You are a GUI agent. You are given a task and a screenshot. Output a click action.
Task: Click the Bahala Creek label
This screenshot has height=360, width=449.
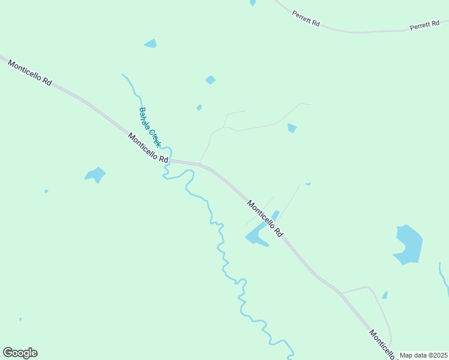point(149,127)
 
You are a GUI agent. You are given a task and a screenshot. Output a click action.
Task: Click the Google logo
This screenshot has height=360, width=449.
point(20,353)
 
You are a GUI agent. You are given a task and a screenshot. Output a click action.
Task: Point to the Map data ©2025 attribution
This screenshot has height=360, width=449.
point(424,355)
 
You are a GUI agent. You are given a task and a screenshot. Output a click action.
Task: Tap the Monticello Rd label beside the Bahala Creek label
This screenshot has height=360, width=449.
point(148,148)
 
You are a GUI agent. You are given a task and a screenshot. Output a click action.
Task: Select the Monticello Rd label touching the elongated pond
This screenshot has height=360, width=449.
point(265,218)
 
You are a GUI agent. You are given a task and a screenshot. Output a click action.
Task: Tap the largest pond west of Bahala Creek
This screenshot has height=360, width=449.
point(95,175)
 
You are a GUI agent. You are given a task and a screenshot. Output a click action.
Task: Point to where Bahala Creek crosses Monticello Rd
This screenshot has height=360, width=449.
point(169,160)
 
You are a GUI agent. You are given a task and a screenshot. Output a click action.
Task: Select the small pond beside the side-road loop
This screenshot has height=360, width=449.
point(385,295)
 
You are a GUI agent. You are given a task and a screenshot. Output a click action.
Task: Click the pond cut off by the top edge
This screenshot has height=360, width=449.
point(253,2)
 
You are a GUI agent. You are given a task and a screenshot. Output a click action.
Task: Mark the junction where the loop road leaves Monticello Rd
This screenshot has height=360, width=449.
point(341,293)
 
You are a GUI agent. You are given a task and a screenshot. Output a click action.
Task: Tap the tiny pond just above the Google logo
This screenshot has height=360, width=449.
point(20,319)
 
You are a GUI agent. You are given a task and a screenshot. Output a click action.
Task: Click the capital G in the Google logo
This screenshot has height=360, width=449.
point(8,352)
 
